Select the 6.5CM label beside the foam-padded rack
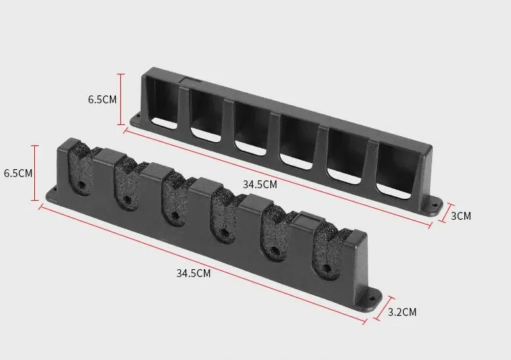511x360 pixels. click(18, 174)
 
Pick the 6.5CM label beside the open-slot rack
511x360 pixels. click(102, 100)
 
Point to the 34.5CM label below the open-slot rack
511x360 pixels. click(260, 184)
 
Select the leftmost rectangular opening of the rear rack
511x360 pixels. click(161, 105)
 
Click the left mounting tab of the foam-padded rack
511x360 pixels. click(51, 195)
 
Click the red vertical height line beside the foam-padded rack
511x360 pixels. click(35, 174)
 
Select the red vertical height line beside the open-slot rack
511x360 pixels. click(120, 99)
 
